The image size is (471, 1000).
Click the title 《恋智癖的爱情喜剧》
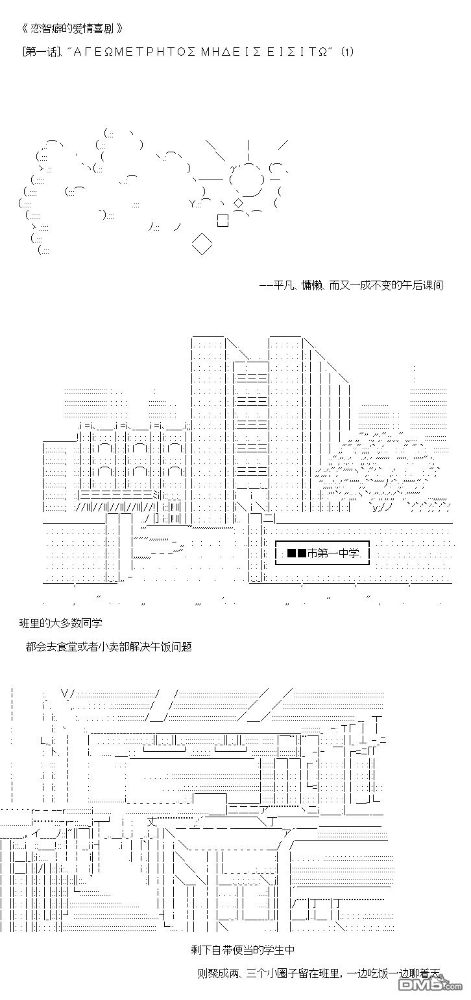coord(71,29)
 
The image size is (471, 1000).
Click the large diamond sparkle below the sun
coord(202,244)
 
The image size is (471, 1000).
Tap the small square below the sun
coord(223,220)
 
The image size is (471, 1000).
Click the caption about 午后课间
coord(350,285)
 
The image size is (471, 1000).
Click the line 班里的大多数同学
coord(60,623)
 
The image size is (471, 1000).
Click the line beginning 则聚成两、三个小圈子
coord(318,973)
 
